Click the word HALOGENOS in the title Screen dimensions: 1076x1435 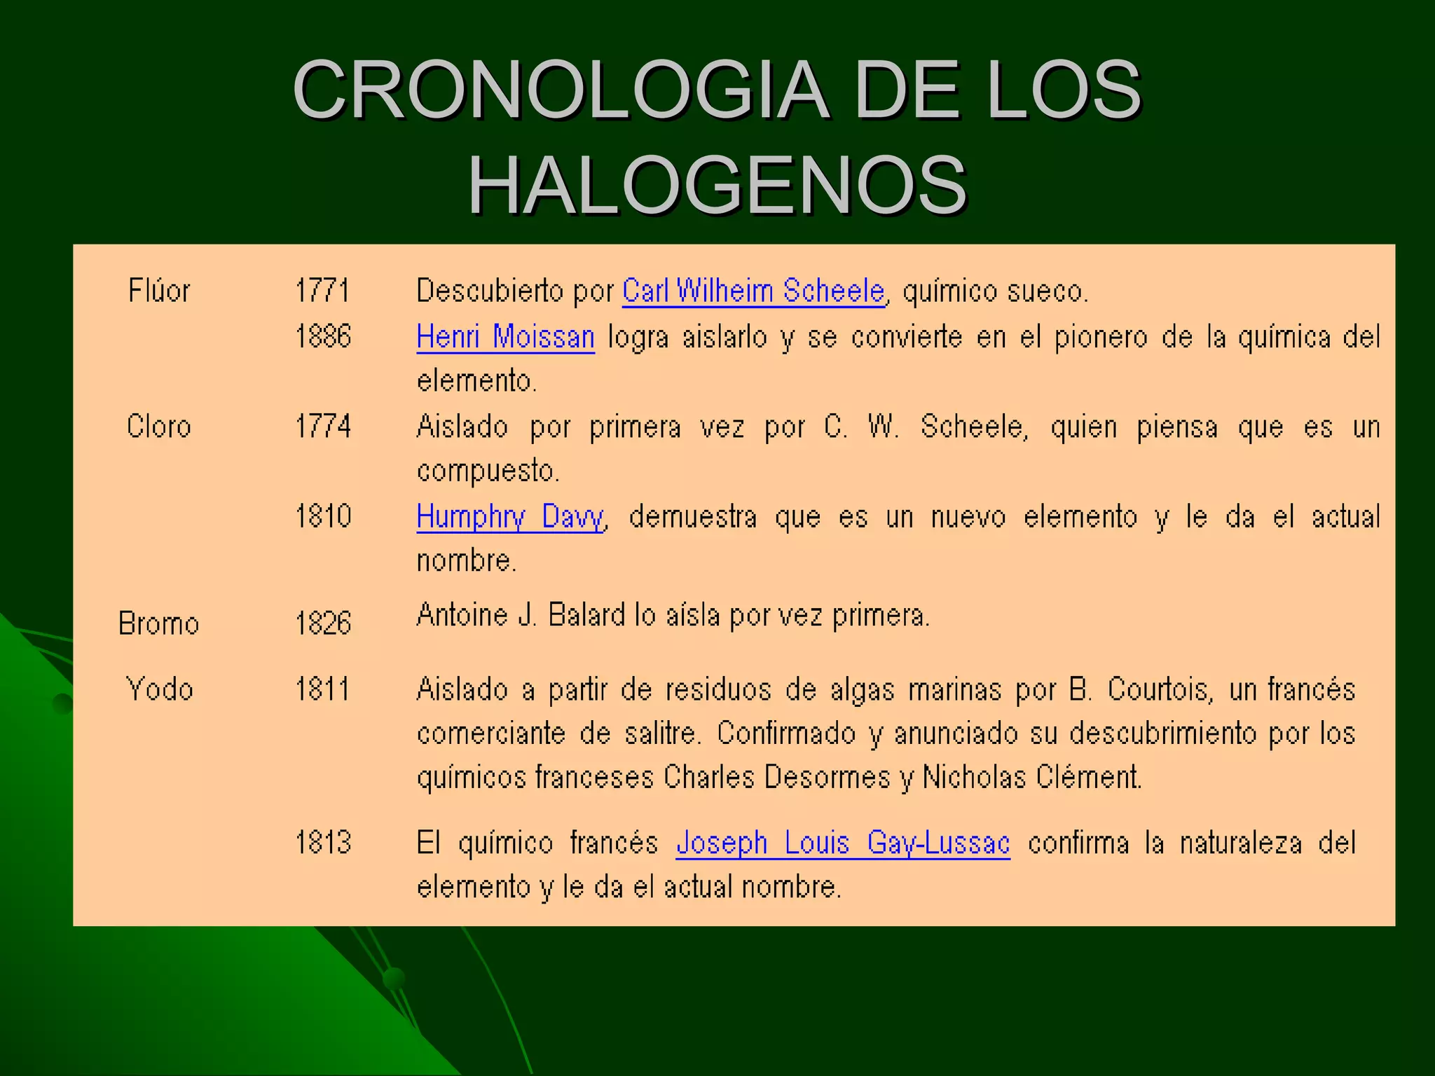point(717,186)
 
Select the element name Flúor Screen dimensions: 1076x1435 point(159,291)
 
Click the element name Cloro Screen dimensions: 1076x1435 point(159,427)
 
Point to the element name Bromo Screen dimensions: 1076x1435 point(159,623)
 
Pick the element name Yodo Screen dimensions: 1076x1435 point(159,689)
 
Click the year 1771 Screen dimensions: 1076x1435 point(322,291)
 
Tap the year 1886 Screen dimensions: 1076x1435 point(323,337)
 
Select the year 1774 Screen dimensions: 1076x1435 point(323,427)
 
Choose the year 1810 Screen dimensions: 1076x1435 point(323,516)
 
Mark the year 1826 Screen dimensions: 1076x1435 point(323,623)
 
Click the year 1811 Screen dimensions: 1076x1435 point(322,689)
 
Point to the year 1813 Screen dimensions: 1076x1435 point(323,842)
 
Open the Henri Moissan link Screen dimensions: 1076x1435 point(505,337)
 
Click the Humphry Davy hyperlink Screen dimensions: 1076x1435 point(510,517)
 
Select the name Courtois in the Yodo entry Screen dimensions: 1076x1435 point(1159,689)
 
